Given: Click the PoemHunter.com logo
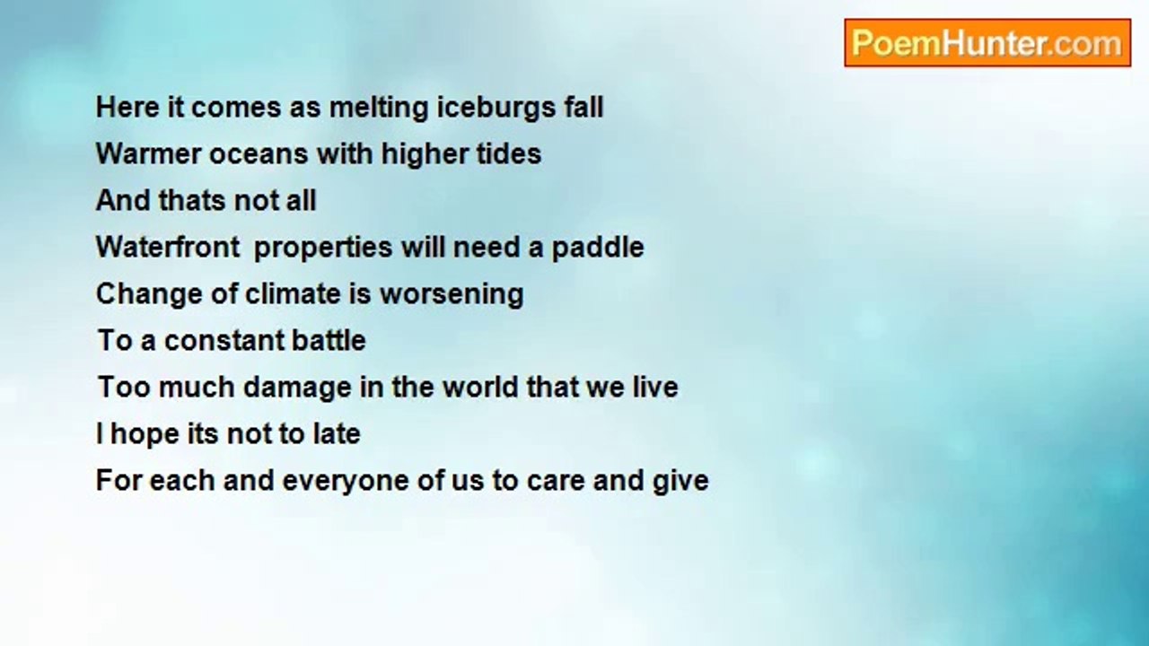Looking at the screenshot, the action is [987, 43].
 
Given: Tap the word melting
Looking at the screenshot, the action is [379, 109].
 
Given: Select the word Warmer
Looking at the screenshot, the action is [148, 153].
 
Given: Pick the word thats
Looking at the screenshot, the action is [191, 200].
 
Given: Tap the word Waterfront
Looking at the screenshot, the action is [168, 247].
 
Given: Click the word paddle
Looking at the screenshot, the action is [598, 247].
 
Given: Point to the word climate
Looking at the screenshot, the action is [293, 293].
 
